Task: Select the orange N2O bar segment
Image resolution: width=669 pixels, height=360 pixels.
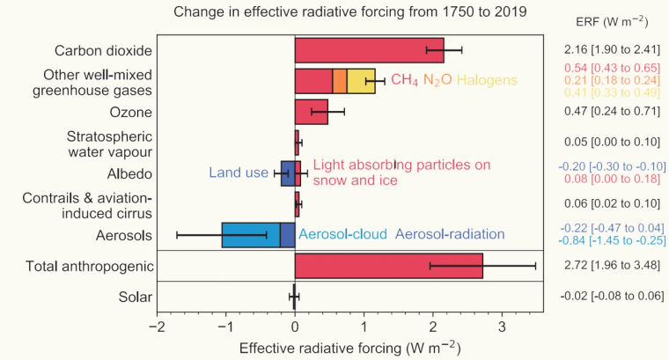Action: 340,81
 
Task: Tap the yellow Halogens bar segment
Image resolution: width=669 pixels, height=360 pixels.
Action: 361,81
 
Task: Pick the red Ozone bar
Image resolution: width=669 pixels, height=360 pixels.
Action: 311,112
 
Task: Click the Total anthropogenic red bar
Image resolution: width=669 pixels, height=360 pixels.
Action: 388,265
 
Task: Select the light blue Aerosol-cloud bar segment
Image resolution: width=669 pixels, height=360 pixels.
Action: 250,235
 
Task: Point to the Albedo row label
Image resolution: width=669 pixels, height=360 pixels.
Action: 132,173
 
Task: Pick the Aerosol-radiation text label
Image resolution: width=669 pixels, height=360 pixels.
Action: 450,234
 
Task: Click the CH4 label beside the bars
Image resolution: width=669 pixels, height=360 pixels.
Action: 406,81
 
